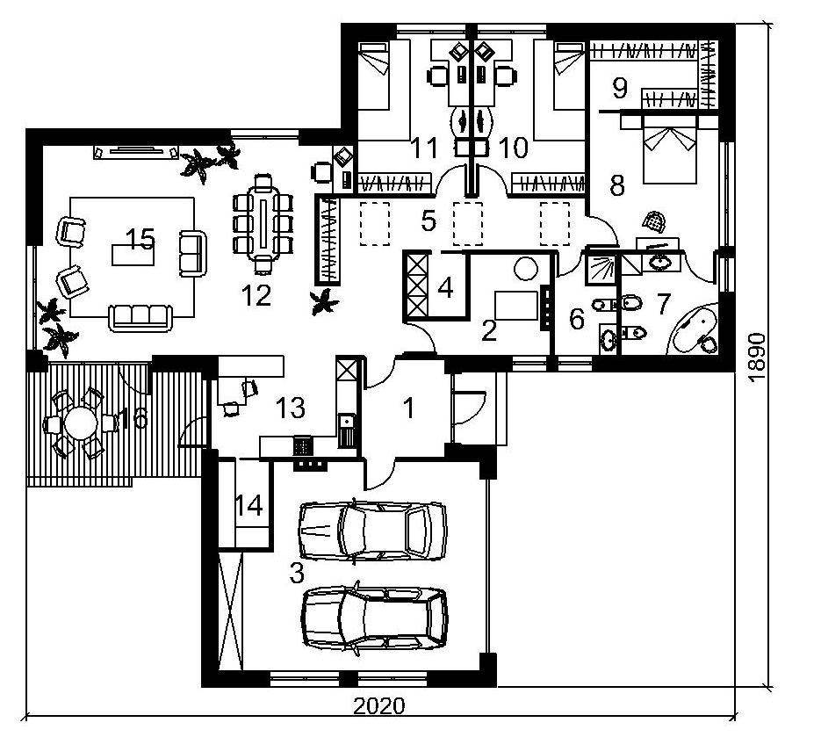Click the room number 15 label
[x=140, y=239]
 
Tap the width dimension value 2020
[x=379, y=706]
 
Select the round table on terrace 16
[x=80, y=423]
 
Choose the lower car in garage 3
[x=375, y=617]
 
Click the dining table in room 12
[x=263, y=225]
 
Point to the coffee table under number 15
[x=133, y=256]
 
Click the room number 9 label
[x=619, y=88]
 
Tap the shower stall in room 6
[x=601, y=268]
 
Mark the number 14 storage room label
[x=248, y=506]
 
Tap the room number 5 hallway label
[x=429, y=221]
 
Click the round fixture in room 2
[x=526, y=269]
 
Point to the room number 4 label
[x=445, y=287]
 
